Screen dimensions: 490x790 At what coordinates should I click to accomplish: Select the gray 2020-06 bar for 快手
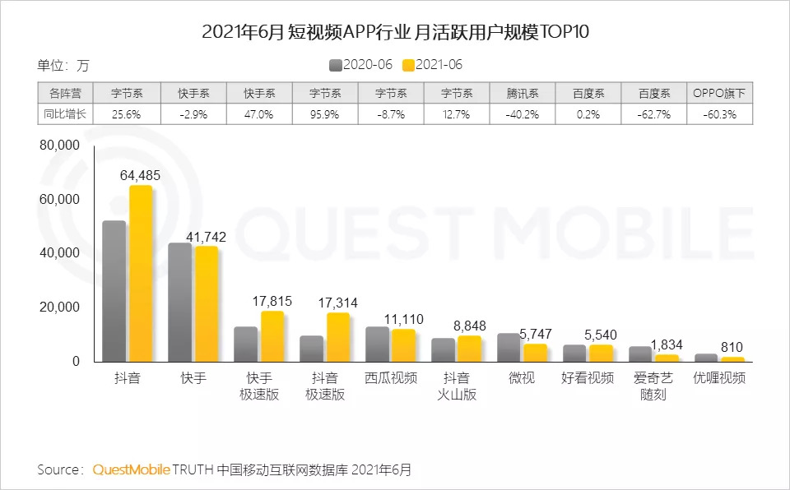[x=179, y=302]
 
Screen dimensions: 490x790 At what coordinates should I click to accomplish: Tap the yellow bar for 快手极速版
[x=272, y=336]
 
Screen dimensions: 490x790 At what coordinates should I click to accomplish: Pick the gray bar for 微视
[x=509, y=347]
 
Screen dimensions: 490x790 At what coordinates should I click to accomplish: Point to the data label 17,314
[x=337, y=303]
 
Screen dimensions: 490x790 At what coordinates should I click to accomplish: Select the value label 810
[x=733, y=347]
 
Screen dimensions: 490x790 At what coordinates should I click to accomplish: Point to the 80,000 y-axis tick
[x=58, y=146]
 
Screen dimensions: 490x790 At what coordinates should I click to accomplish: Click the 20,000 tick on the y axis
[x=58, y=307]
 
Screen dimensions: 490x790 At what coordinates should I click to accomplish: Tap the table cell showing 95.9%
[x=325, y=114]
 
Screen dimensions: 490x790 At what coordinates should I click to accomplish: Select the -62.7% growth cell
[x=654, y=114]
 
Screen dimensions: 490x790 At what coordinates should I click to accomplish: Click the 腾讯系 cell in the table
[x=523, y=93]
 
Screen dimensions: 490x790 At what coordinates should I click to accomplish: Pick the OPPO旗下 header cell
[x=720, y=93]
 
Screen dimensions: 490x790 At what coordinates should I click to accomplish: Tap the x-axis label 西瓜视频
[x=391, y=379]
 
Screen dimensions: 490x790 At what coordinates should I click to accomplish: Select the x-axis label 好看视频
[x=588, y=379]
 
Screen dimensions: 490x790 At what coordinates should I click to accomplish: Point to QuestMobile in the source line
[x=132, y=470]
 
